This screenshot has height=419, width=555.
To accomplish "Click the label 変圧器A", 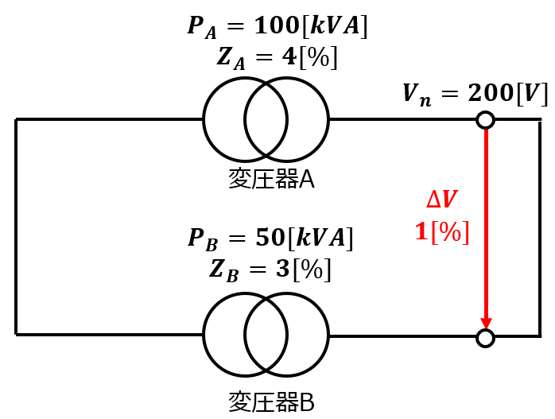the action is [x=271, y=178].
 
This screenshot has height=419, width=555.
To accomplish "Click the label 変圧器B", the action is [x=271, y=402].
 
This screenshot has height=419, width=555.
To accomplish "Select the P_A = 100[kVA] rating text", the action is [x=277, y=26].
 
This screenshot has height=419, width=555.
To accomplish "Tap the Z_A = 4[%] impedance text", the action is [x=277, y=58].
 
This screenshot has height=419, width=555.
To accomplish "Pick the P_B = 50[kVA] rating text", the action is [x=270, y=239].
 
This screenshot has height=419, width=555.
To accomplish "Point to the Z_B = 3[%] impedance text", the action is [x=270, y=270].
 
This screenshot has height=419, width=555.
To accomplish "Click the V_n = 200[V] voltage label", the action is [x=475, y=94].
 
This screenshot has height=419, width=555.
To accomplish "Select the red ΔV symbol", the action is [x=442, y=200].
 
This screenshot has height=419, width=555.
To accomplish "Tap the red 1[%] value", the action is [x=442, y=232].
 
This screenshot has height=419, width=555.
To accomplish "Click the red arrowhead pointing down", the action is [x=486, y=323].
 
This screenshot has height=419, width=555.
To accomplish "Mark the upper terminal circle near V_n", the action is [x=485, y=120].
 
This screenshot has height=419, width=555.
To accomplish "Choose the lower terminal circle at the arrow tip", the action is [x=485, y=338].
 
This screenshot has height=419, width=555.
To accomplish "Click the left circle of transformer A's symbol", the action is [x=203, y=119].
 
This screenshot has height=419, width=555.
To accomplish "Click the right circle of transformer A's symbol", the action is [x=329, y=119].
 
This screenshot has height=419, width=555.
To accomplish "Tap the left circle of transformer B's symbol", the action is [x=203, y=335].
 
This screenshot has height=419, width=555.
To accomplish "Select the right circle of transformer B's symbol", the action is [x=329, y=335].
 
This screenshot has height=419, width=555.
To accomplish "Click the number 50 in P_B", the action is [x=270, y=238].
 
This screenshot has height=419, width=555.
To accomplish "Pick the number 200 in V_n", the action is [x=491, y=93].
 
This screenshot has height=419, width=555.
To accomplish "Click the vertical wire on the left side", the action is [x=16, y=227].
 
